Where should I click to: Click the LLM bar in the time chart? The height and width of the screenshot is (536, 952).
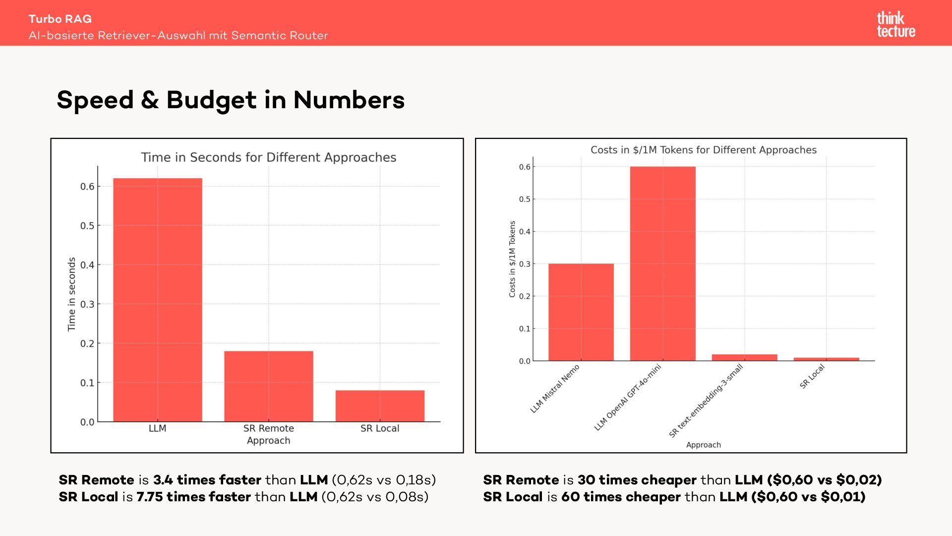pyautogui.click(x=158, y=300)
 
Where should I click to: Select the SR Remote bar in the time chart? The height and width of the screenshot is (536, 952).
pyautogui.click(x=269, y=386)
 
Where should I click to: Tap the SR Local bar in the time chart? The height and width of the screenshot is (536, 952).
pyautogui.click(x=380, y=406)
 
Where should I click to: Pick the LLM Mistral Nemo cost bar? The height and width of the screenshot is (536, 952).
pyautogui.click(x=581, y=312)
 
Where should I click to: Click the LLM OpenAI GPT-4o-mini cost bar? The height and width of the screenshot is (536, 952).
pyautogui.click(x=662, y=264)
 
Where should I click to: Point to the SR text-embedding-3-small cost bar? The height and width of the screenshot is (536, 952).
pyautogui.click(x=744, y=357)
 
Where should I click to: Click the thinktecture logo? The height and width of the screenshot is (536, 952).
pyautogui.click(x=896, y=25)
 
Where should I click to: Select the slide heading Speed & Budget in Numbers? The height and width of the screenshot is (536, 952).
pyautogui.click(x=231, y=100)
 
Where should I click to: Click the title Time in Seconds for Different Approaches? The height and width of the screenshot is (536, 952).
pyautogui.click(x=269, y=157)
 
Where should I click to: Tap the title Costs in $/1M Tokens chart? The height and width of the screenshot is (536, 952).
pyautogui.click(x=703, y=150)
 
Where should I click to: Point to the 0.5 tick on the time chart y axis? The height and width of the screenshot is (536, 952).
pyautogui.click(x=87, y=226)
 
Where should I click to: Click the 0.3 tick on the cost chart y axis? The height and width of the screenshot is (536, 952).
pyautogui.click(x=525, y=264)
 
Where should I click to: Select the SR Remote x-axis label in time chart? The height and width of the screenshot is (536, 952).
pyautogui.click(x=269, y=428)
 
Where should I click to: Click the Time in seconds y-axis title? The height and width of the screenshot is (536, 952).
pyautogui.click(x=72, y=294)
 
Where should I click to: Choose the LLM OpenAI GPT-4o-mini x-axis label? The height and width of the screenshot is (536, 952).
pyautogui.click(x=628, y=398)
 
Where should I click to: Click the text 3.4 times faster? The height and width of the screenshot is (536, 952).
pyautogui.click(x=207, y=480)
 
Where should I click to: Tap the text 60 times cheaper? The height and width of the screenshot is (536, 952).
pyautogui.click(x=621, y=497)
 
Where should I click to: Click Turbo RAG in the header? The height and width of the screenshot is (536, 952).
pyautogui.click(x=60, y=19)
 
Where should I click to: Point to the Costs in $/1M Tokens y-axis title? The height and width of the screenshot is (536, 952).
pyautogui.click(x=512, y=259)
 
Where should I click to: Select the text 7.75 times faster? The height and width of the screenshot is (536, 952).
pyautogui.click(x=193, y=497)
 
